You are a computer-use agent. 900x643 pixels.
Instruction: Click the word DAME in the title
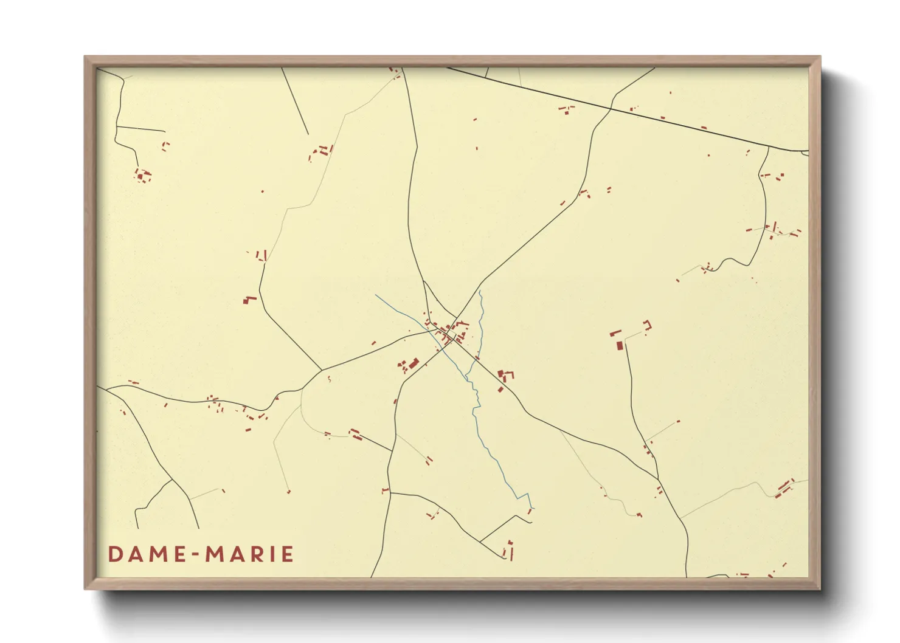pos(147,554)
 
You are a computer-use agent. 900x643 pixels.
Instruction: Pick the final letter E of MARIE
pos(288,554)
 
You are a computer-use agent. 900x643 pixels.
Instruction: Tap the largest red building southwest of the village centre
pos(414,363)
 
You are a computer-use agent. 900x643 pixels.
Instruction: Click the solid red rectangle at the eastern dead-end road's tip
pos(620,345)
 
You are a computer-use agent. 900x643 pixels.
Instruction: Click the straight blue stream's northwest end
pos(376,295)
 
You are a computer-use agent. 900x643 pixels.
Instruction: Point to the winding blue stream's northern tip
pos(480,291)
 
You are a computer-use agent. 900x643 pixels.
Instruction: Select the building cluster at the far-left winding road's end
pos(143,176)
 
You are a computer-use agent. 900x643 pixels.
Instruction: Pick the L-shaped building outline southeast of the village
pos(505,375)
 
